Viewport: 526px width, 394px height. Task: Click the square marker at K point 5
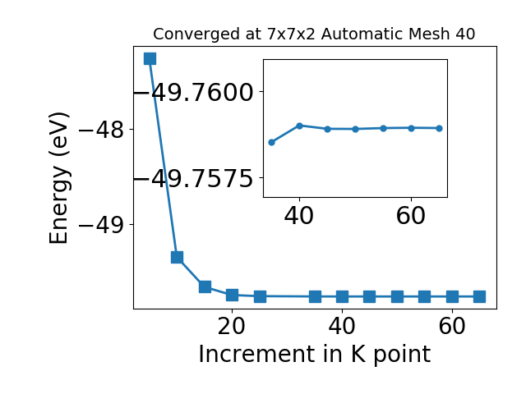point(150,58)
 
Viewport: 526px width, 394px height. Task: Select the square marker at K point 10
point(178,257)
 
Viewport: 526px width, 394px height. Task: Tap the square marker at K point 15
point(205,286)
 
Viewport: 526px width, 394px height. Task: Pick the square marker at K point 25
point(260,296)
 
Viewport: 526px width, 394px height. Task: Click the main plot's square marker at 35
point(315,296)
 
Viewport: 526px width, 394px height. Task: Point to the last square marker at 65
point(480,296)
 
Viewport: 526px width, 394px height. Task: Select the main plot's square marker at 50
point(397,296)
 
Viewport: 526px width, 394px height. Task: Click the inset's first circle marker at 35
point(272,142)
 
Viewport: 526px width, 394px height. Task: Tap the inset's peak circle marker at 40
point(299,126)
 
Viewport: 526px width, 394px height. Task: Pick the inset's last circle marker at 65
point(439,128)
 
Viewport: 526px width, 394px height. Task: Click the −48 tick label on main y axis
point(101,130)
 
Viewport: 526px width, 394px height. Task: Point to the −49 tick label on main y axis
point(101,225)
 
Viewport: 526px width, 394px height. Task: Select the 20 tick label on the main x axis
point(232,326)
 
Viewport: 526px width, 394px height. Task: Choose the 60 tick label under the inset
point(411,216)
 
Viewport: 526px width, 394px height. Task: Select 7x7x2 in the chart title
point(291,34)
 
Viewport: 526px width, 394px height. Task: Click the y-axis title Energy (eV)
point(59,178)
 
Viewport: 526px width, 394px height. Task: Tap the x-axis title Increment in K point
point(315,355)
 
